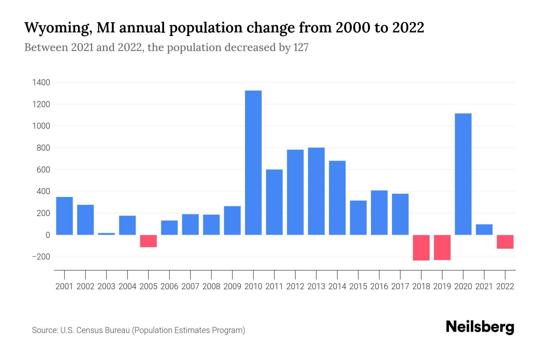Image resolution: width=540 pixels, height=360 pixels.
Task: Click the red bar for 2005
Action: [148, 241]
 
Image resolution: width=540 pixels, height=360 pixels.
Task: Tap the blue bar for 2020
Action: [463, 174]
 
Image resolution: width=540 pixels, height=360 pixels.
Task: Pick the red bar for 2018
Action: [421, 247]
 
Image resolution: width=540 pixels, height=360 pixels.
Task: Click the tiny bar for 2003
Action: [106, 234]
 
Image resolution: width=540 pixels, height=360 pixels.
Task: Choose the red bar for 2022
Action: [505, 242]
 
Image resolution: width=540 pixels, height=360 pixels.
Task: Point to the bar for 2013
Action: [316, 191]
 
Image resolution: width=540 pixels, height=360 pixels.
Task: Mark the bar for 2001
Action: [64, 216]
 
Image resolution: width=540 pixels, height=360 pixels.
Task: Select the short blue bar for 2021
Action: [484, 229]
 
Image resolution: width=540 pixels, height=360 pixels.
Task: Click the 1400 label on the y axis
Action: [41, 82]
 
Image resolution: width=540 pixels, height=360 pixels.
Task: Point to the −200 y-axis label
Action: [41, 257]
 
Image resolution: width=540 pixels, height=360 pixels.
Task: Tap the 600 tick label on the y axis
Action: [43, 170]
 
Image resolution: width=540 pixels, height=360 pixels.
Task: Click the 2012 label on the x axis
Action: [295, 286]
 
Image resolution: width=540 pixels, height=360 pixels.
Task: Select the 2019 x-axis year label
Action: [442, 286]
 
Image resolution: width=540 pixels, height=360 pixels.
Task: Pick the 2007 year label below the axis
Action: [190, 286]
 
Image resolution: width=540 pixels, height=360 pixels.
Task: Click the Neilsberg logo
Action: [480, 327]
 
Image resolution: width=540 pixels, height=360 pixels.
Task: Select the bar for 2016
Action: [379, 212]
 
